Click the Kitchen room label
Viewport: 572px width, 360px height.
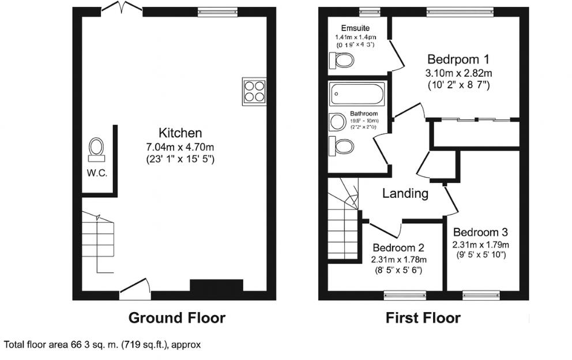point(181,133)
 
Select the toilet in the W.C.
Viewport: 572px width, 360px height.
point(96,148)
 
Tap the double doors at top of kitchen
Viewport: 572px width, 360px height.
point(121,9)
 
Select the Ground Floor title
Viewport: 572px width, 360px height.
point(176,317)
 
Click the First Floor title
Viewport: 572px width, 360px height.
point(423,317)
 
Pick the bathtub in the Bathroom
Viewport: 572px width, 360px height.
point(356,93)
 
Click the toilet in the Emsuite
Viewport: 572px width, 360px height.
point(343,60)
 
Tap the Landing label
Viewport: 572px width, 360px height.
point(405,194)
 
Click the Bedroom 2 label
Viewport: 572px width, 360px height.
point(398,248)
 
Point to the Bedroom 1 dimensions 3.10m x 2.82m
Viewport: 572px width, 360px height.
point(458,73)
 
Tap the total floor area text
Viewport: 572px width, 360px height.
point(103,345)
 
